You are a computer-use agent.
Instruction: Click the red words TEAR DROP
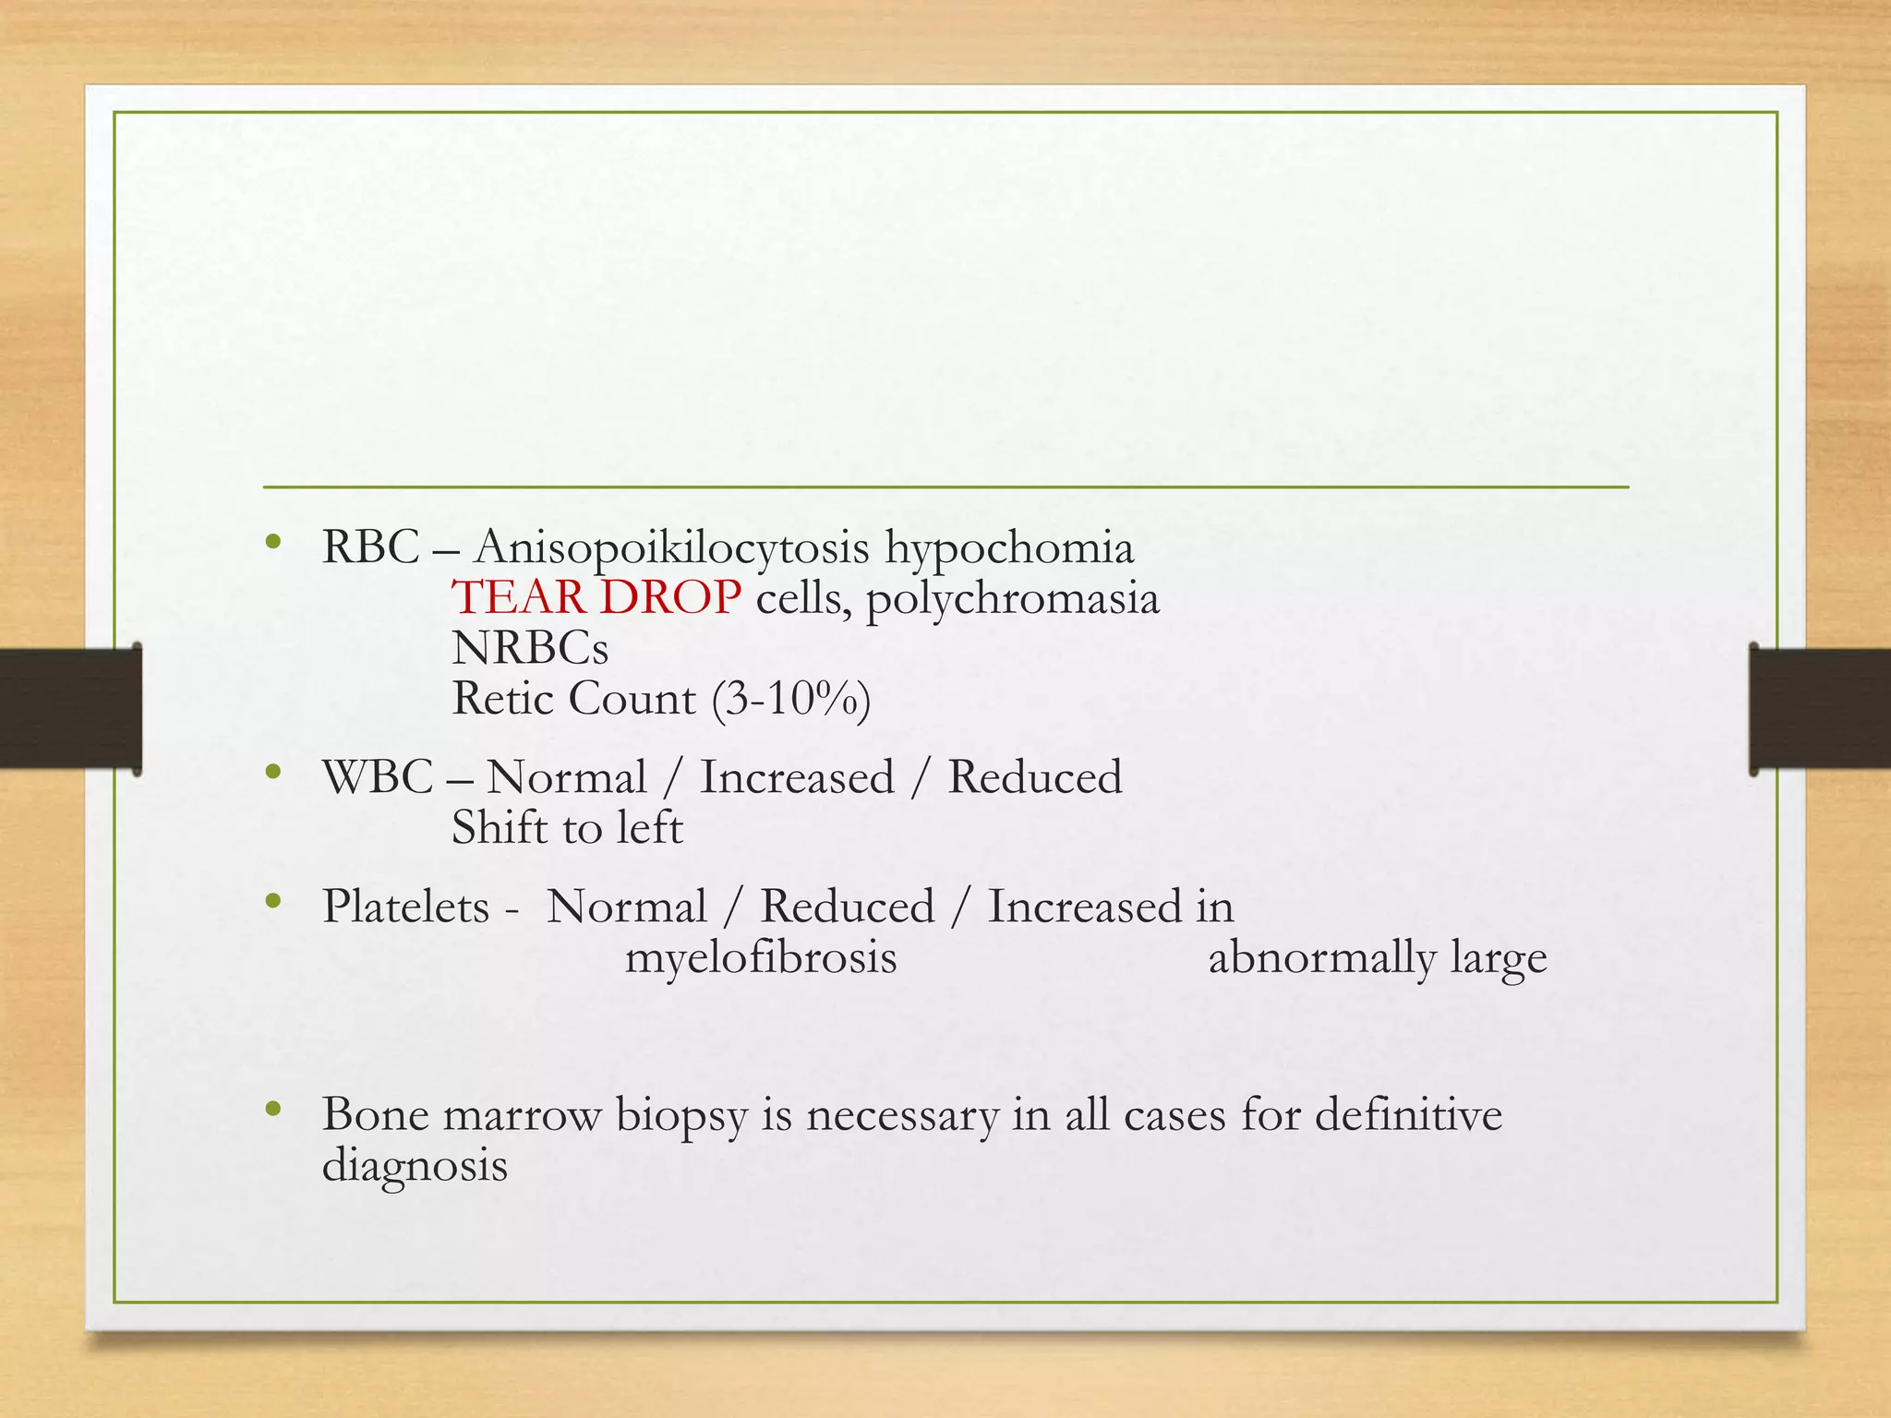[x=596, y=598]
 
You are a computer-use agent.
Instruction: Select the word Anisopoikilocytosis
[x=671, y=547]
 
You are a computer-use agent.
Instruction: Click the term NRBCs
[x=530, y=649]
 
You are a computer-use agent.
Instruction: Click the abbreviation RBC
[x=370, y=547]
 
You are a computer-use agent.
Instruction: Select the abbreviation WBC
[x=378, y=777]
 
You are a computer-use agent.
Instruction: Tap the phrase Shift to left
[x=567, y=828]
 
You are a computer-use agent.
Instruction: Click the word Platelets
[x=405, y=907]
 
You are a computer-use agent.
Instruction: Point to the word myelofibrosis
[x=761, y=957]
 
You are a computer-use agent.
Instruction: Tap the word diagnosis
[x=415, y=1165]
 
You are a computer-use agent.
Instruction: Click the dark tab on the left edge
[x=70, y=708]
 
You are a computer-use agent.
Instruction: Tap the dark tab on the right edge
[x=1820, y=708]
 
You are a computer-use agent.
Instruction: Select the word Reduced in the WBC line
[x=1034, y=777]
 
